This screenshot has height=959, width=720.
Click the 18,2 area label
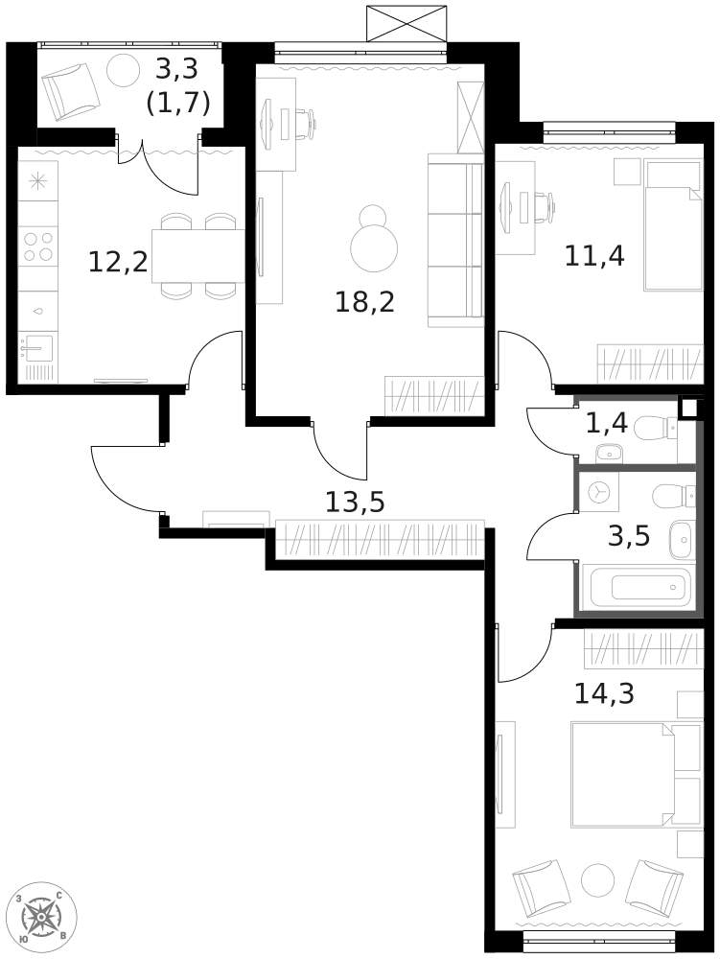point(365,302)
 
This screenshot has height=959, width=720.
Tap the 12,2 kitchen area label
point(119,263)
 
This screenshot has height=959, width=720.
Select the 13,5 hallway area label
point(355,503)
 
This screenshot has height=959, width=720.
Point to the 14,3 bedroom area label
point(605,693)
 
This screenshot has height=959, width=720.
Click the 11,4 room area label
point(594,256)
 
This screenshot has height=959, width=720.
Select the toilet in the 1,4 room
point(656,428)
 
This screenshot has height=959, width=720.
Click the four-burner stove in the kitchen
point(38,246)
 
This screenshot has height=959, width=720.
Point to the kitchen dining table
point(197,256)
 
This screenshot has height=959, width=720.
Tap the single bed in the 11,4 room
point(672,225)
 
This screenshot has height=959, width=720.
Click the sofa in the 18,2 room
point(455,240)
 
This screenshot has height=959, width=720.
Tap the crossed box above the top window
point(407,24)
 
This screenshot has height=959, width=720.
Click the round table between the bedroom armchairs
point(597,880)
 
